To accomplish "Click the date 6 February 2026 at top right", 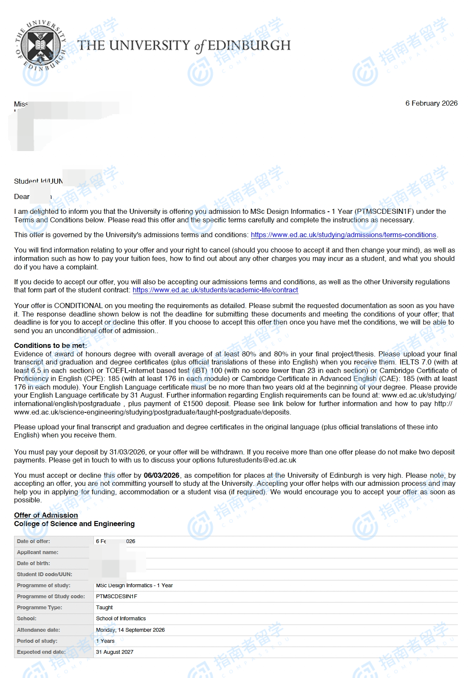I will click(431, 103).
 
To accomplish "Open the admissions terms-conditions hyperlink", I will click(343, 235).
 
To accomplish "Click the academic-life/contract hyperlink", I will click(215, 290).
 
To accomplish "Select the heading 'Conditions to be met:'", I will click(51, 345).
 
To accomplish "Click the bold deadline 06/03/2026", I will click(161, 475).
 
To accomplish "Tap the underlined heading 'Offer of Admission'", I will click(46, 515).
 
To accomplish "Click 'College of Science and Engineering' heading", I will click(74, 524).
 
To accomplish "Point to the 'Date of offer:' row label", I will click(34, 541).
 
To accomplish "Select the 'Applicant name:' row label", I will click(38, 552).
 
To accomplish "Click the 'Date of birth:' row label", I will click(34, 563).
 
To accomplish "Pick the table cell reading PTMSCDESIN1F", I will click(116, 597).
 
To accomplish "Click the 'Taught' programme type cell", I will click(104, 608).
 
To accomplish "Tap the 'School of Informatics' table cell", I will click(121, 619).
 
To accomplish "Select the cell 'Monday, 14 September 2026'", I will click(130, 630).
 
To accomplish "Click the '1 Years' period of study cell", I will click(105, 641).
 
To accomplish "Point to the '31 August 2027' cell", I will click(115, 652).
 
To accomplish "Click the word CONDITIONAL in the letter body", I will click(78, 305).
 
